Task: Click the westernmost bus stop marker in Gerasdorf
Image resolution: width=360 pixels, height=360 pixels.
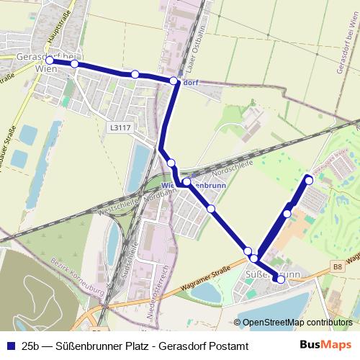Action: (x=50, y=60)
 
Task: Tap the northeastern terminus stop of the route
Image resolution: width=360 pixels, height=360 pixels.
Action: (x=309, y=179)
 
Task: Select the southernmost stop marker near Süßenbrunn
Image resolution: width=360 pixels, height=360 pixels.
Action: (x=281, y=279)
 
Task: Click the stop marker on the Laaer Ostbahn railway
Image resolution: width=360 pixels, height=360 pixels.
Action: (x=174, y=81)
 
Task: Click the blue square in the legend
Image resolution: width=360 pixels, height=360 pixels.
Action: (x=9, y=346)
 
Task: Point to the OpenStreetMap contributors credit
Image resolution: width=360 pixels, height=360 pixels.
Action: (x=297, y=322)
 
